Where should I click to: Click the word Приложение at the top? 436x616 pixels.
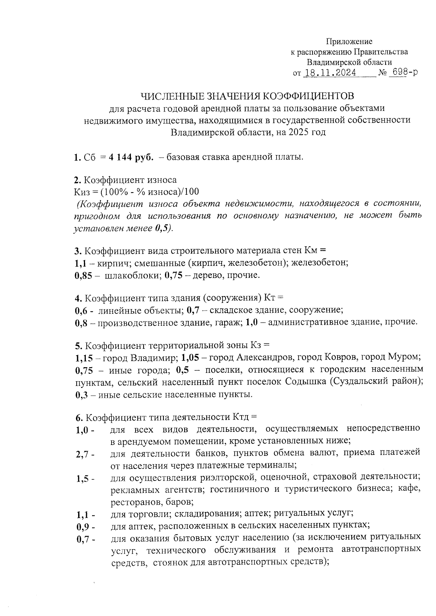[x=349, y=41]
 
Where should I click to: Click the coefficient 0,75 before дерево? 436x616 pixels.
[x=173, y=275]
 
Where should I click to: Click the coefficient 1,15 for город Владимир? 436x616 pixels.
[x=84, y=358]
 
